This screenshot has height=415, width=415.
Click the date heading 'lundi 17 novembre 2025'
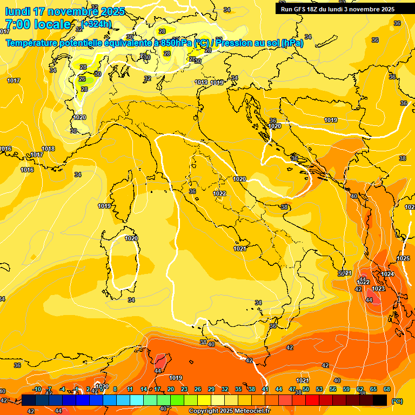[65, 11]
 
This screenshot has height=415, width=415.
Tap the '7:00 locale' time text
[38, 24]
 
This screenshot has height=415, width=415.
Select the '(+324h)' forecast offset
[97, 24]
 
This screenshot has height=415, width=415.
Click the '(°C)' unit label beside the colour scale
[397, 401]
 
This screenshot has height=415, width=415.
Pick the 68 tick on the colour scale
[387, 389]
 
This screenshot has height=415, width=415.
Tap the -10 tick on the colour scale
[37, 389]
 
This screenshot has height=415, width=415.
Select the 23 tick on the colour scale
[184, 389]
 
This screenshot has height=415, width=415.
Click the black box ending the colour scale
[380, 400]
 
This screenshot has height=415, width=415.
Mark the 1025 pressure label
[403, 259]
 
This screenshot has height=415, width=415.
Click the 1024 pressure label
[387, 275]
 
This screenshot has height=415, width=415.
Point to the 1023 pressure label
[378, 289]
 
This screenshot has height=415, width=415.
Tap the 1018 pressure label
[48, 149]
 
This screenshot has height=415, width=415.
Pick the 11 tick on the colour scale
[130, 389]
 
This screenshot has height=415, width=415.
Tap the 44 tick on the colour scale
[279, 389]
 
